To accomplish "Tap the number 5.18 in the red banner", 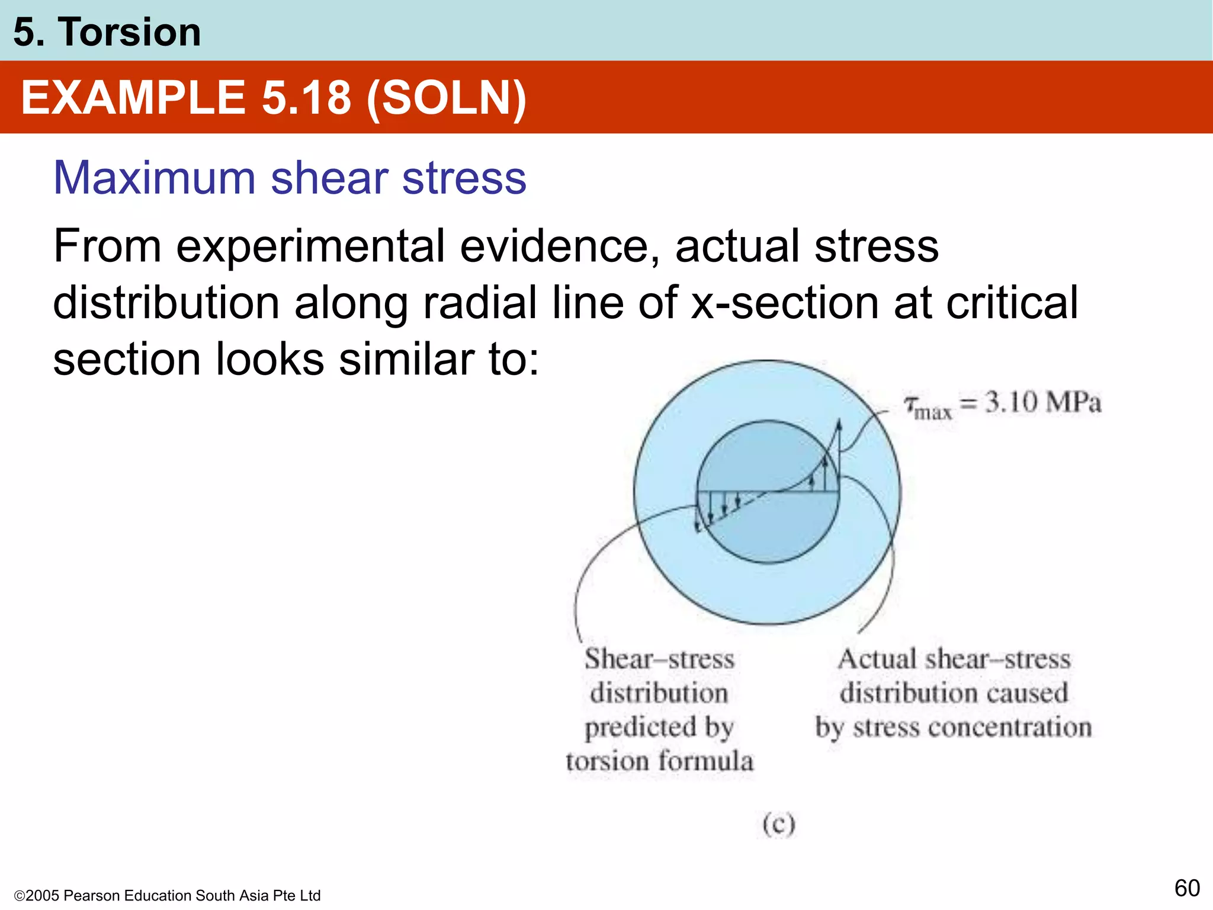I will coord(306,98).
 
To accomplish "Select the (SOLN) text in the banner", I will coord(446,98).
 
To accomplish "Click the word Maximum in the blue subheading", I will coord(154,178).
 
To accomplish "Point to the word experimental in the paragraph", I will coord(310,246).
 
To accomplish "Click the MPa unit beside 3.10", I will coord(1073,402).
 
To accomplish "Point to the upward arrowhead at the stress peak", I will coord(839,425).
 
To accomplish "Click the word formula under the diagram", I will coord(706,761).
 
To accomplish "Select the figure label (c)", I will coord(778,824).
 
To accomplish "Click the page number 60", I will coord(1187,888).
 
